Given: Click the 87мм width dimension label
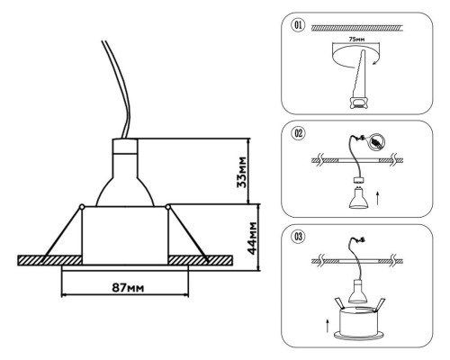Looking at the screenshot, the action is (128, 288).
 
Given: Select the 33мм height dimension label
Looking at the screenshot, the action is (242, 172).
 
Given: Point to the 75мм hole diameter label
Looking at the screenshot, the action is (356, 39).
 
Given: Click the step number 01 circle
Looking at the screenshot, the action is (298, 25).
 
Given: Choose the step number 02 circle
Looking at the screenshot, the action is (298, 133).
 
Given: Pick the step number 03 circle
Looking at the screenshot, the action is (298, 237).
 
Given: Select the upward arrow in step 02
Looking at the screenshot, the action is (378, 199).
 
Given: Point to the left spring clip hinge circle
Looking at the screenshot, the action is (81, 206).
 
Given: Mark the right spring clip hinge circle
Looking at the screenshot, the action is (167, 206).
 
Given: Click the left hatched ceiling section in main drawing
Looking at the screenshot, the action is (49, 260).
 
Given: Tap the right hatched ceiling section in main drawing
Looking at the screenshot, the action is (200, 260).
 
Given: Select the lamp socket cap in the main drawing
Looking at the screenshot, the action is (125, 146).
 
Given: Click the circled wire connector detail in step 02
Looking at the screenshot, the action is (376, 141).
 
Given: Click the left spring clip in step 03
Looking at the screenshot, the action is (339, 304).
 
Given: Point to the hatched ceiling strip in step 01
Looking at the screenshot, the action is (357, 28).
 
